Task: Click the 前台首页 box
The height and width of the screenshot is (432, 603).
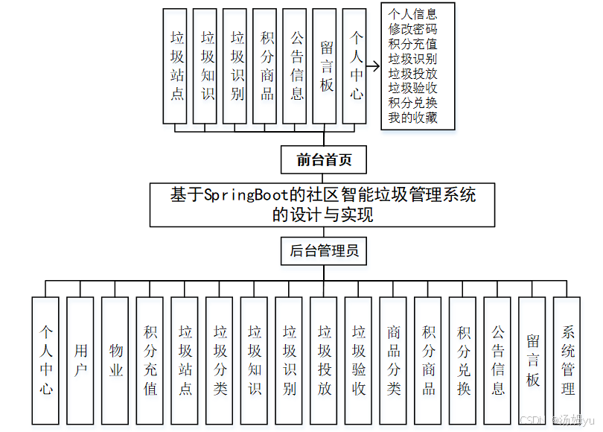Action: pos(324,159)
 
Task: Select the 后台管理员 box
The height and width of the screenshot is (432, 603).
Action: pos(324,251)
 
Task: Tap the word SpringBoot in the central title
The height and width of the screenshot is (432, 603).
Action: pos(245,195)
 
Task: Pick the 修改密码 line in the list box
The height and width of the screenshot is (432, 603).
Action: pos(413,29)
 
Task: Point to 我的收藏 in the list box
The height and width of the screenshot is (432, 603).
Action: pos(413,118)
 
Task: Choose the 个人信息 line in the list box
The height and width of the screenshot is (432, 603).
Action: pos(413,14)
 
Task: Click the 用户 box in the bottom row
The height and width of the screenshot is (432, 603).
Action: pos(80,360)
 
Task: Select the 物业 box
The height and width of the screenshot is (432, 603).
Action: pos(115,360)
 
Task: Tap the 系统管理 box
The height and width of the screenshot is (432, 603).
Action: pos(568,360)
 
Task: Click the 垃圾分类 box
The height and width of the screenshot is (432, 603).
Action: pos(220,360)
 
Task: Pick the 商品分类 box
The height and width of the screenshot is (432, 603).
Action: pos(394,360)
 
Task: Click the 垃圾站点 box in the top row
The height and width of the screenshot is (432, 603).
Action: pos(177,66)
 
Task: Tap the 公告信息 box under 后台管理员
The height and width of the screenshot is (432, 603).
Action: pos(498,360)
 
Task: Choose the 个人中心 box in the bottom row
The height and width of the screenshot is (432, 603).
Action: pos(46,360)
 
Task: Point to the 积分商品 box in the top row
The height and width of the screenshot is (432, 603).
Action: pos(267,66)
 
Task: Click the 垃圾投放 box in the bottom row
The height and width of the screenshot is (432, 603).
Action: pos(325,360)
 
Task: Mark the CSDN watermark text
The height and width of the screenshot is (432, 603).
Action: pos(529,420)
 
